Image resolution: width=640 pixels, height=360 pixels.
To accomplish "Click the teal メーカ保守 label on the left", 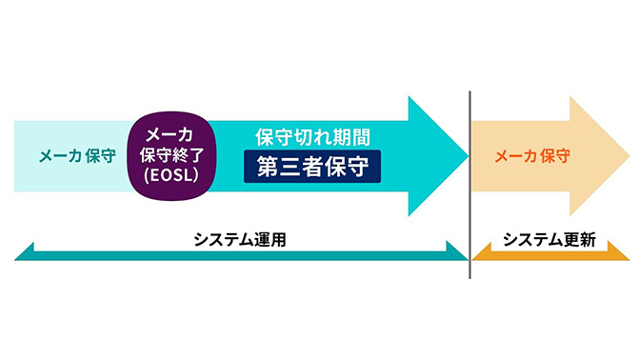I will click(x=77, y=156).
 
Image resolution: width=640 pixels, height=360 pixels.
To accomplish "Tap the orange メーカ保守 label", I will click(x=532, y=156).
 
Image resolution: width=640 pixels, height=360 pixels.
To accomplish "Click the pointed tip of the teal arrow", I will click(x=467, y=156).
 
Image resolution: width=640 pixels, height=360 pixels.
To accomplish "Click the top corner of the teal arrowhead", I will click(x=409, y=96).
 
